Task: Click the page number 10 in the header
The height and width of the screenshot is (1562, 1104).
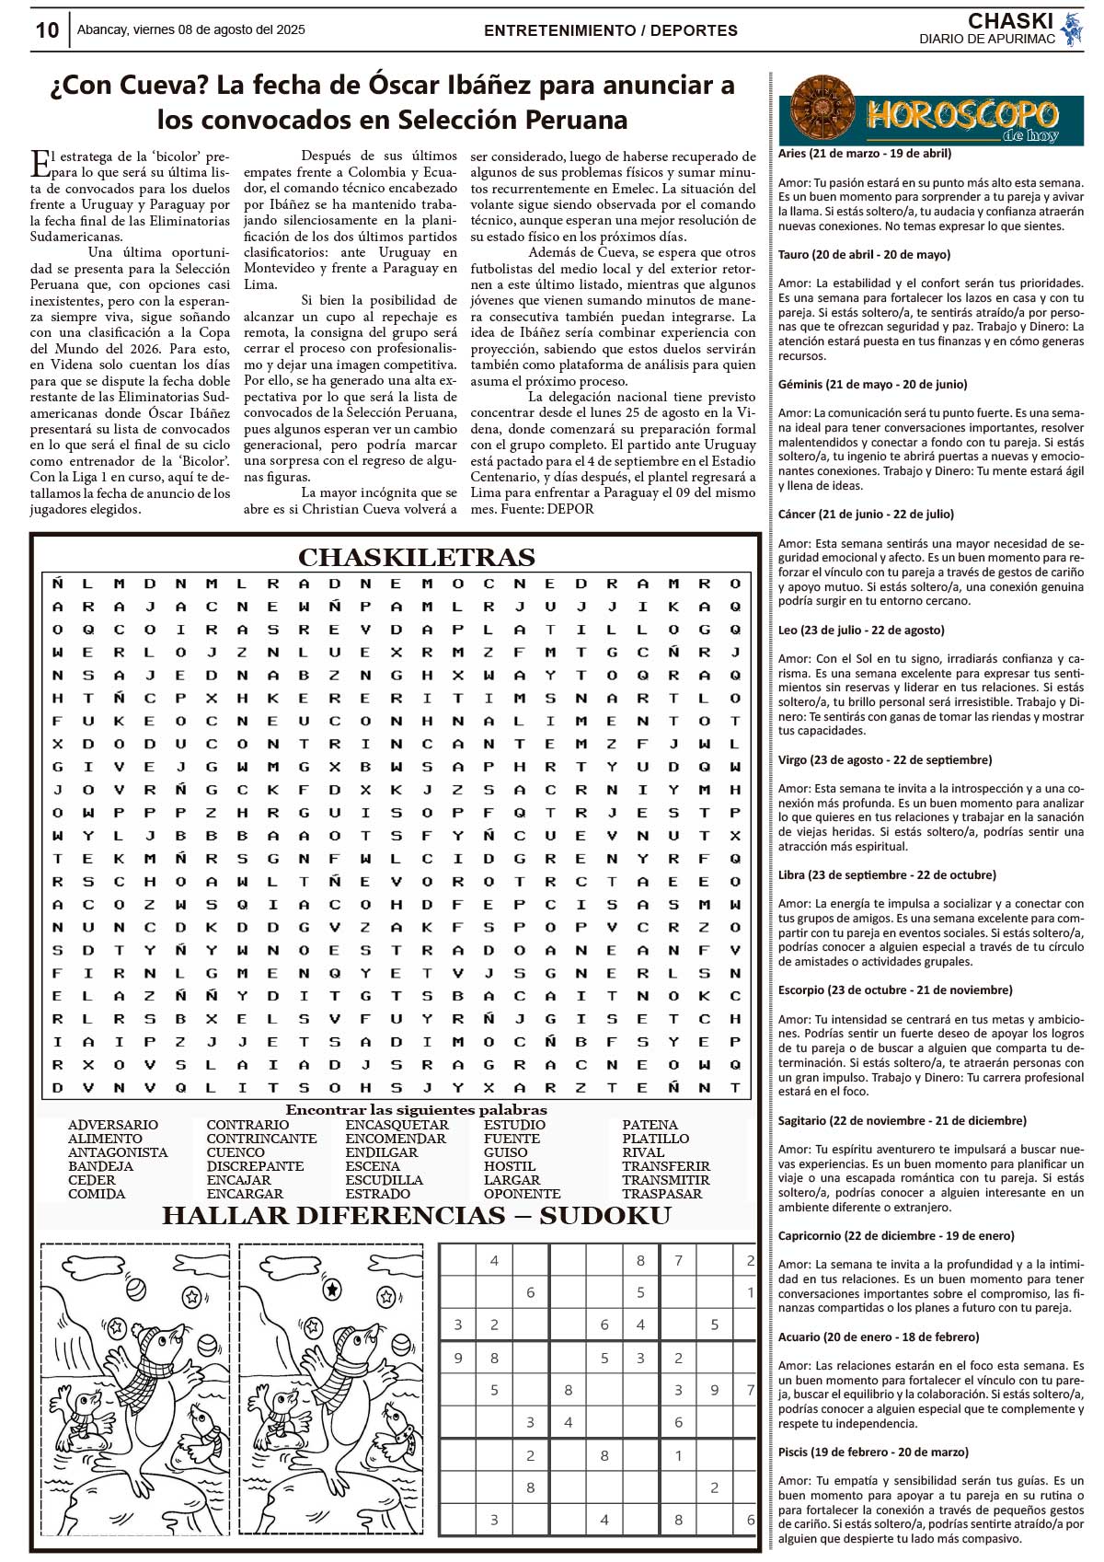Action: coord(47,30)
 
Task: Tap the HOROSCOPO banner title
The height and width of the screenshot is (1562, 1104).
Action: coord(961,115)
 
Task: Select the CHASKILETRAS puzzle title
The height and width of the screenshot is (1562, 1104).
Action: coord(416,558)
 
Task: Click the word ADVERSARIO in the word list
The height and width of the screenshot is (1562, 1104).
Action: coord(113,1125)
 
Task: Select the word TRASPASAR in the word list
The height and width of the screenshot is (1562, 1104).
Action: coord(661,1194)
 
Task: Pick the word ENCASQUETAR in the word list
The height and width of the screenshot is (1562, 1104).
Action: coord(397,1125)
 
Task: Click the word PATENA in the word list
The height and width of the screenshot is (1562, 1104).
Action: coord(650,1125)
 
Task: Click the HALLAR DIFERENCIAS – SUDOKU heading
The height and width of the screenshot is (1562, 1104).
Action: coord(416,1216)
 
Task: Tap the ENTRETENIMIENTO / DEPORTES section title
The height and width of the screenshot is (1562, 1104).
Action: coord(610,30)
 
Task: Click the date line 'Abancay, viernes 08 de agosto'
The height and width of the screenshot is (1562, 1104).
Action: coord(190,30)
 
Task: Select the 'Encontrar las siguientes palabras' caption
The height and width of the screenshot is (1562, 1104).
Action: coord(416,1110)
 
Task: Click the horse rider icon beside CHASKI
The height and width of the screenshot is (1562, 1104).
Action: coord(1071,29)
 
